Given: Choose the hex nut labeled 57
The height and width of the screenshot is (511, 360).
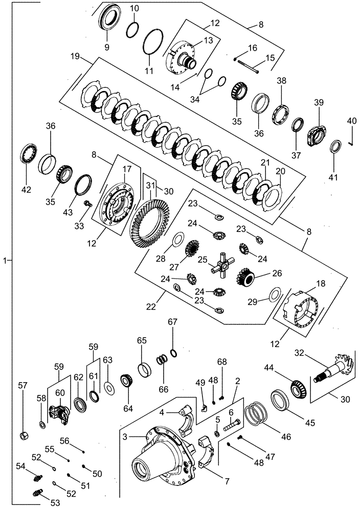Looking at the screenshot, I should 24,435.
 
